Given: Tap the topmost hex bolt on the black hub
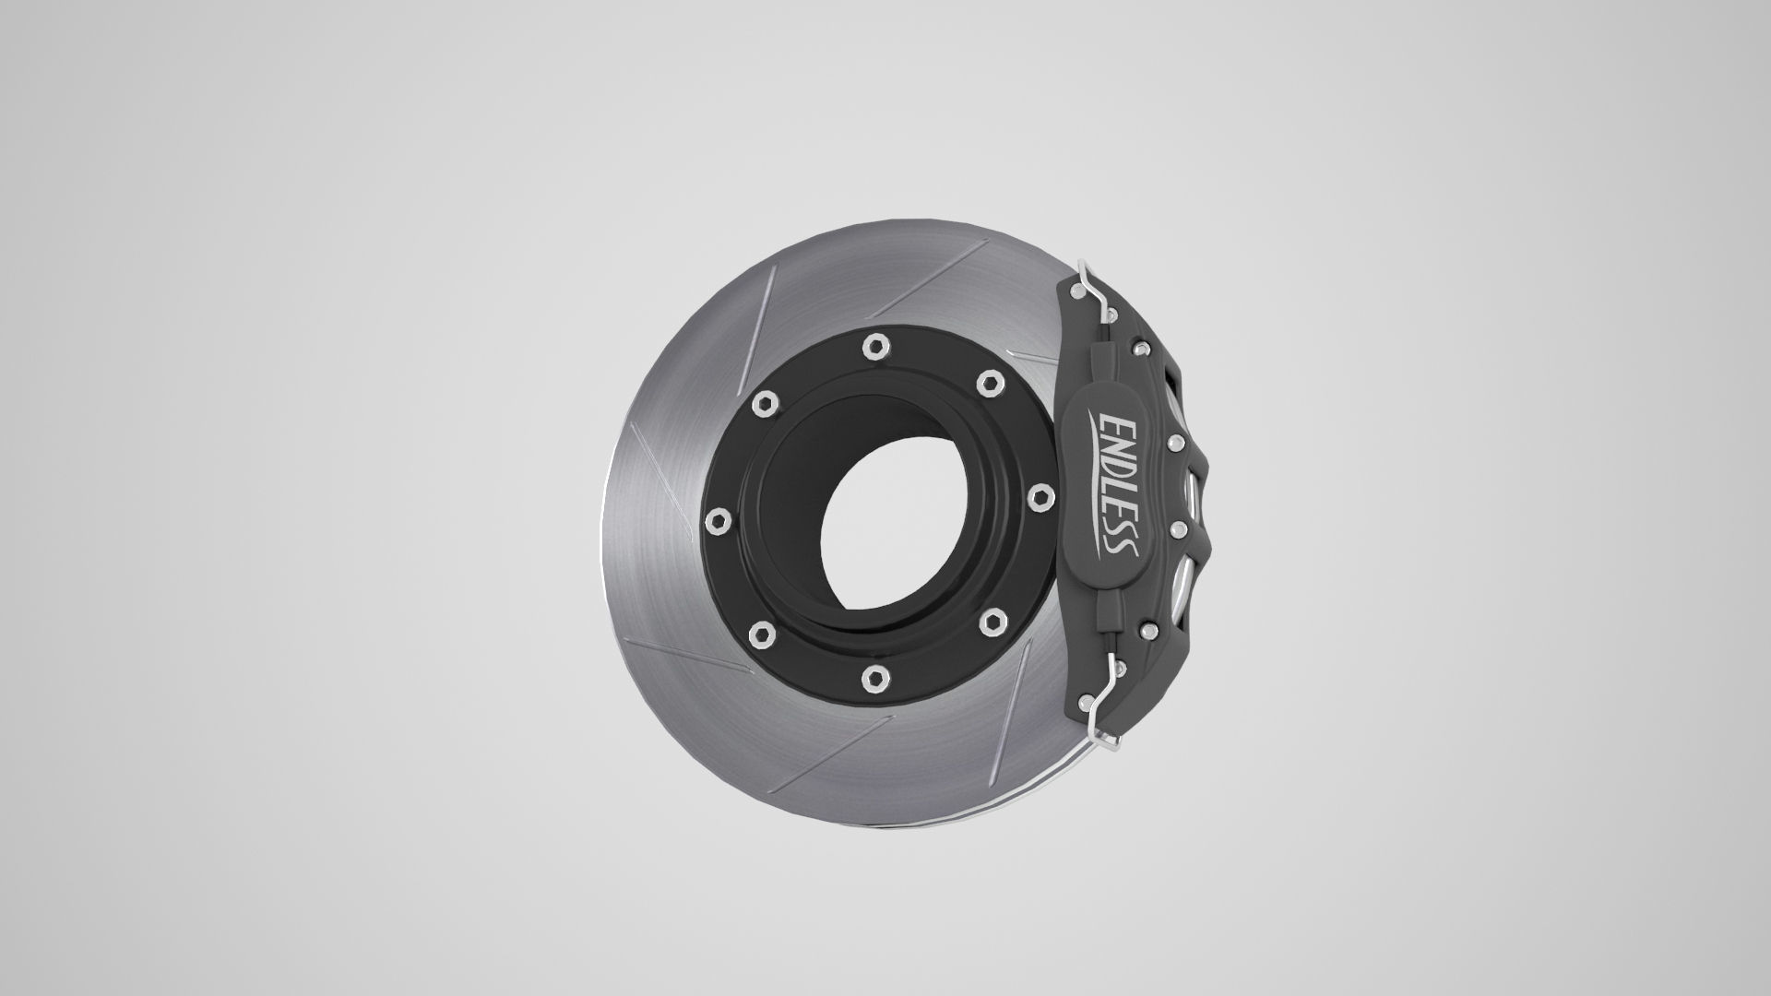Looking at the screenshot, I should click(874, 347).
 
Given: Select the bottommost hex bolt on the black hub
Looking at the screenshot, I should click(873, 680).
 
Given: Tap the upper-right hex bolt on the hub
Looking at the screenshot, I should click(990, 382).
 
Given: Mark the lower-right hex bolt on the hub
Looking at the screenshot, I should click(991, 615).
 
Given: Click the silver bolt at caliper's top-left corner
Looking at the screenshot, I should click(1075, 290).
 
